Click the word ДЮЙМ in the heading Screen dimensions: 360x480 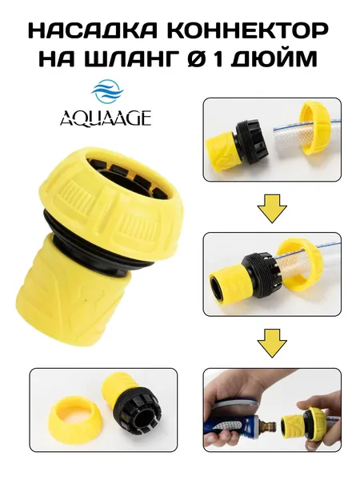(x=274, y=58)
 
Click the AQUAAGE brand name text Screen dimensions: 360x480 (x=106, y=118)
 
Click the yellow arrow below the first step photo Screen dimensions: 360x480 (x=272, y=209)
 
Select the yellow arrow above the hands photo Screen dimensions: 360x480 (x=272, y=343)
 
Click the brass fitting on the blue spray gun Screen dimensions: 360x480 (x=267, y=426)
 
